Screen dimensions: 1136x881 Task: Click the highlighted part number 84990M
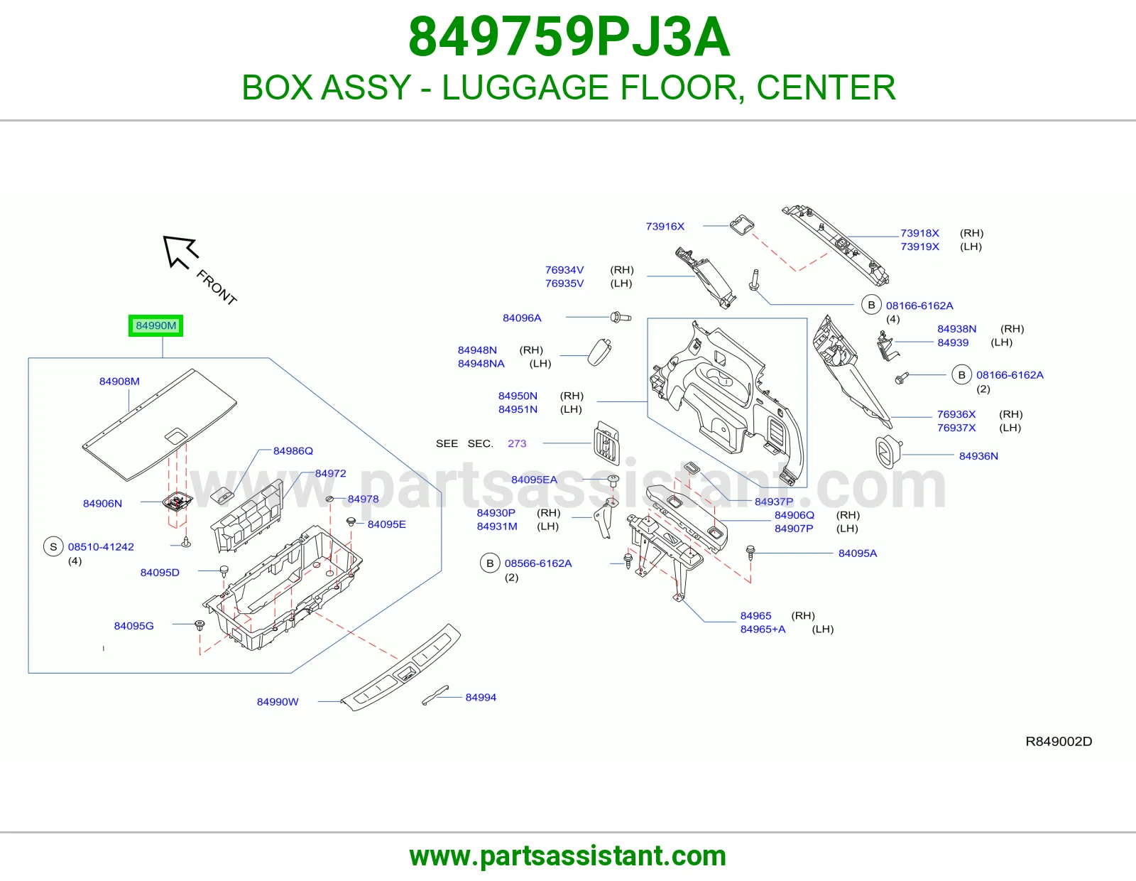tap(155, 325)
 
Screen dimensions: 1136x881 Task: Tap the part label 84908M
tap(119, 382)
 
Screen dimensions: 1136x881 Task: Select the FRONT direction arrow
tap(180, 252)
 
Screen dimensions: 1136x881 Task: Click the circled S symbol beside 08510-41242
tap(53, 546)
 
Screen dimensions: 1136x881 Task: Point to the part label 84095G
tap(133, 626)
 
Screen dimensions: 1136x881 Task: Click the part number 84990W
tap(278, 701)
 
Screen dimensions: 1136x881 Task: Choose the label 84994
tap(481, 698)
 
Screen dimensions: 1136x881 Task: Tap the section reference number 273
tap(517, 443)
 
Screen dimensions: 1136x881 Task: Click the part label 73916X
tap(665, 227)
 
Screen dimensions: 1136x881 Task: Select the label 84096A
tap(522, 318)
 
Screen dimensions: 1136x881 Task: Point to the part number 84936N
tap(978, 456)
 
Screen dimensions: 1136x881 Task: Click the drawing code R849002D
tap(1059, 741)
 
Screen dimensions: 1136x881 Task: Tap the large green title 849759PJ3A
tap(569, 37)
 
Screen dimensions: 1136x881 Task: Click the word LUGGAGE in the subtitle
tap(525, 87)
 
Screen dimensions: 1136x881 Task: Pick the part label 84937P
tap(774, 502)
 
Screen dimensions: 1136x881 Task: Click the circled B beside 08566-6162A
tap(490, 563)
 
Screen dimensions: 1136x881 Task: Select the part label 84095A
tap(858, 553)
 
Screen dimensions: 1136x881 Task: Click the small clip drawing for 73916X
tap(742, 225)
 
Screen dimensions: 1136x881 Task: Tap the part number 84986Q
tap(293, 451)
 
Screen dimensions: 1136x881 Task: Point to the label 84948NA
tap(481, 364)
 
